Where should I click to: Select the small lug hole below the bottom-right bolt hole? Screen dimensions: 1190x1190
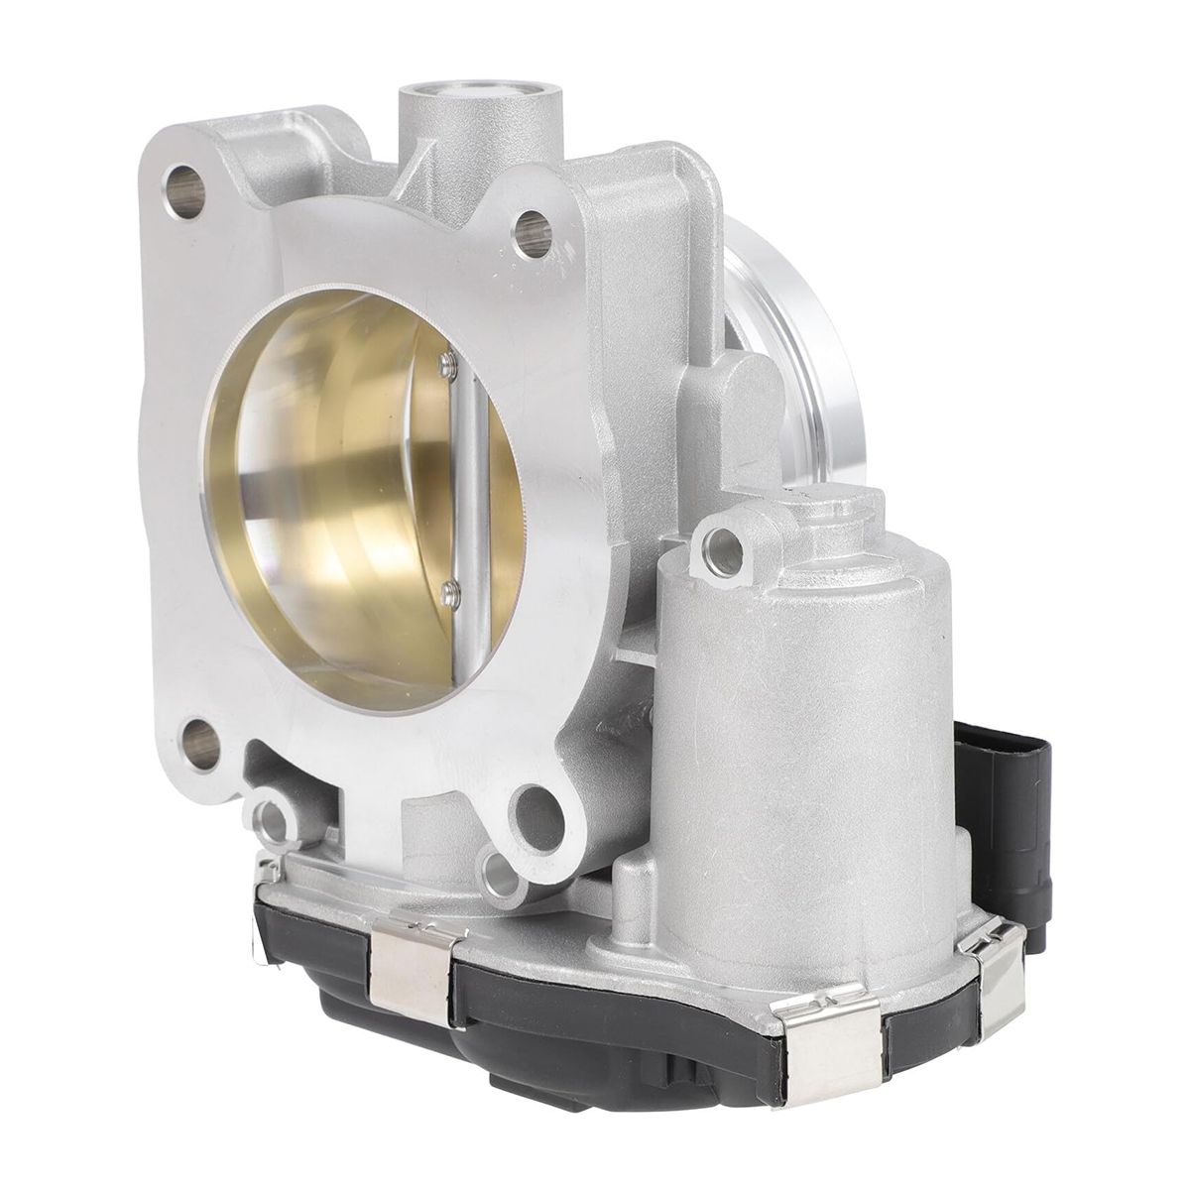click(500, 872)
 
